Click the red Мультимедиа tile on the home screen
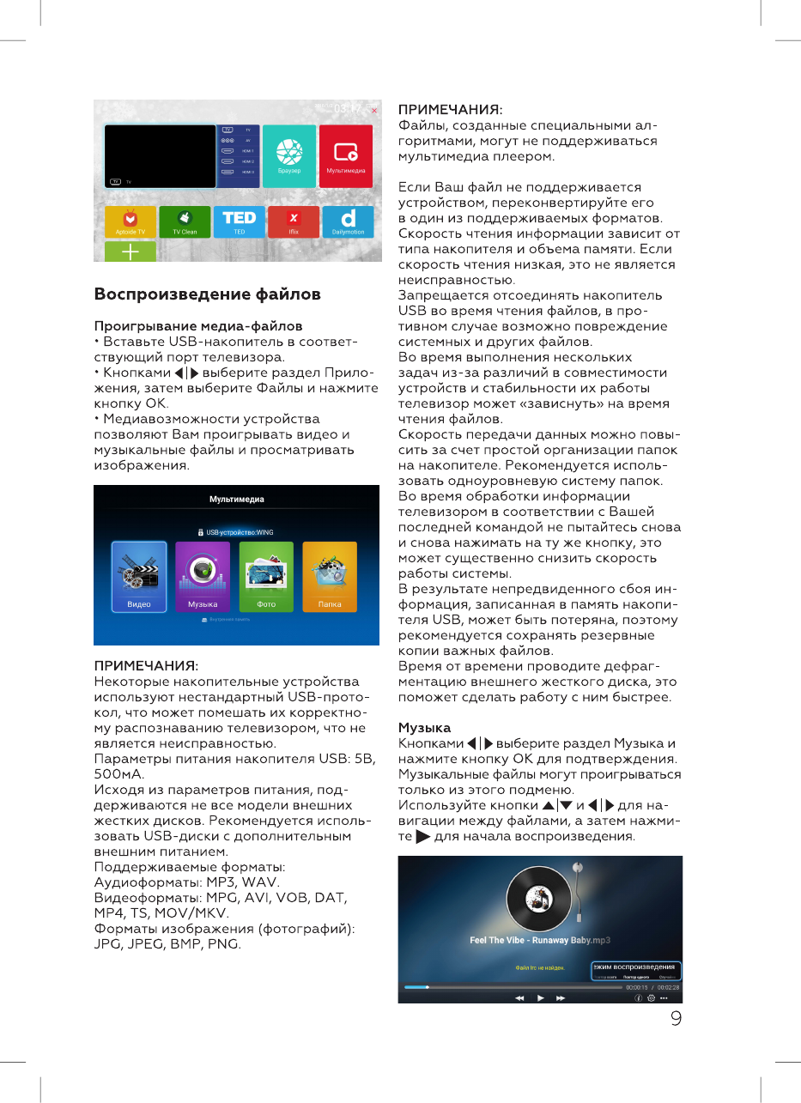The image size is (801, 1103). pos(346,156)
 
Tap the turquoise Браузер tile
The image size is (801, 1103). pos(288,156)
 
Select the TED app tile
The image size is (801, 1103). pos(240,221)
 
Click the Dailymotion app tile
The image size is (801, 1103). pos(348,221)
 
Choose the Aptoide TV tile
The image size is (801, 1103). pos(130,221)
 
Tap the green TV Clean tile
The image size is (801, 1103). pos(185,221)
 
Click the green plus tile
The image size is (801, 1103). pos(130,252)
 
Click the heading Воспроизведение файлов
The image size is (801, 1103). pos(207,294)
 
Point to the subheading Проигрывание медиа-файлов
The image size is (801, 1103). pos(197,327)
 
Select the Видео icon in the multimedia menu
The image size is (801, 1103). pos(139,577)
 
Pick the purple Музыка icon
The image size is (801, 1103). pos(203,577)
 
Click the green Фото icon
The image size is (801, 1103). pos(266,577)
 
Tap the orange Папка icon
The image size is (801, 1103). pos(330,577)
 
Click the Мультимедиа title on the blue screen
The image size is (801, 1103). pos(237,500)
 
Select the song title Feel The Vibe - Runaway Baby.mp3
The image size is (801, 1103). pos(539,940)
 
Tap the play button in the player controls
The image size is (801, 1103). pos(540,998)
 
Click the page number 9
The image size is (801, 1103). pos(677,1019)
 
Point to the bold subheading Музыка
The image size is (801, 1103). pos(424,728)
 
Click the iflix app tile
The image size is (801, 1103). pos(294,221)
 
